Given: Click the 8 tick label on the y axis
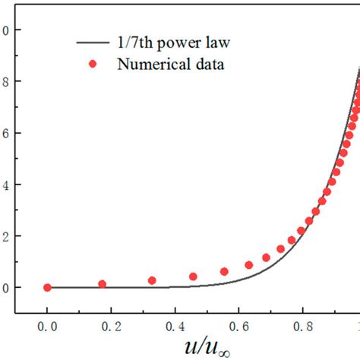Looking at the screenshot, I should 6,82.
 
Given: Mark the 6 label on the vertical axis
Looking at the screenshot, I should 6,134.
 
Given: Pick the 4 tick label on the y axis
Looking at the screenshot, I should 6,185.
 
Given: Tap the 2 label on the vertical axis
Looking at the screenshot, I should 6,236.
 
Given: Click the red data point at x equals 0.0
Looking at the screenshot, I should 47,288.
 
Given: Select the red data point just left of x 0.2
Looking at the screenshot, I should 103,284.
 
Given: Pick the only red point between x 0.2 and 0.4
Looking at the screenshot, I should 152,280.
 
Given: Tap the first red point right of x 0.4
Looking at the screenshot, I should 193,276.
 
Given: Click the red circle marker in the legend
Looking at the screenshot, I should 93,65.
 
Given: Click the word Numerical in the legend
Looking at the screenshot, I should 147,65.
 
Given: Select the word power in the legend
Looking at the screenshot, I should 176,44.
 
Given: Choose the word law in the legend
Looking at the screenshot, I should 213,43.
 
